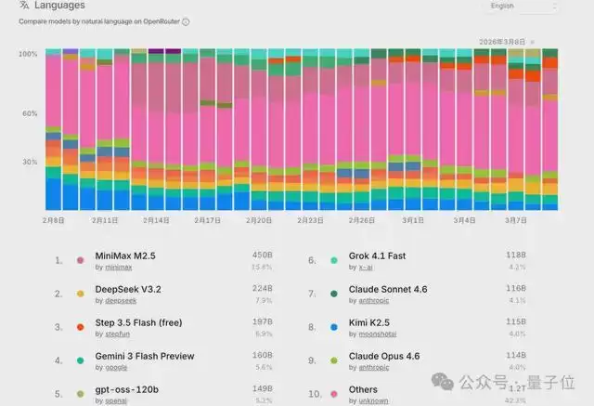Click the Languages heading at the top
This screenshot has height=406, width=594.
click(x=60, y=7)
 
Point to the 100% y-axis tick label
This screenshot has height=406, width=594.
click(x=28, y=54)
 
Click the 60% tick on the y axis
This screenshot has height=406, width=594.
click(x=29, y=113)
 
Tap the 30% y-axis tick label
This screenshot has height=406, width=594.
click(x=29, y=162)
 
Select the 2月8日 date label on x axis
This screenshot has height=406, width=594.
click(x=54, y=221)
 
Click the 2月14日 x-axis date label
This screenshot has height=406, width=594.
click(x=156, y=221)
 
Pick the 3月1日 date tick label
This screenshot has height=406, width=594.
click(x=413, y=221)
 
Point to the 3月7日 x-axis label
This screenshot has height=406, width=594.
click(x=515, y=221)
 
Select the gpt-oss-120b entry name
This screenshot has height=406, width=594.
click(x=125, y=390)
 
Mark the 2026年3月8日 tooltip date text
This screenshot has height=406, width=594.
click(x=502, y=42)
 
